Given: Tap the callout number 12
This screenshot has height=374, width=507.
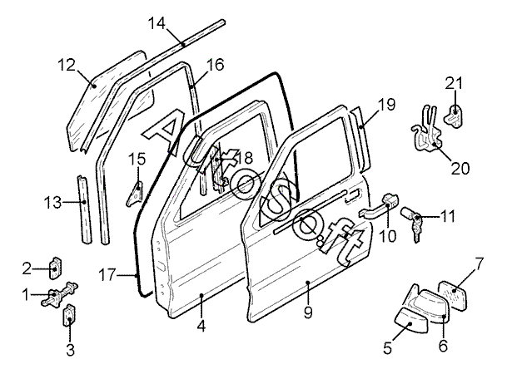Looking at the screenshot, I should (x=67, y=63).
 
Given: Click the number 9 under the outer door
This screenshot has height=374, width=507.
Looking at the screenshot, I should (x=309, y=313).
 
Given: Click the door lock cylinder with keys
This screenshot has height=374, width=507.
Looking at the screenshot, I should (x=415, y=221).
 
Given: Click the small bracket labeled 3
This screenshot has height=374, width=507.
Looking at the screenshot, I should (x=69, y=316).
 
